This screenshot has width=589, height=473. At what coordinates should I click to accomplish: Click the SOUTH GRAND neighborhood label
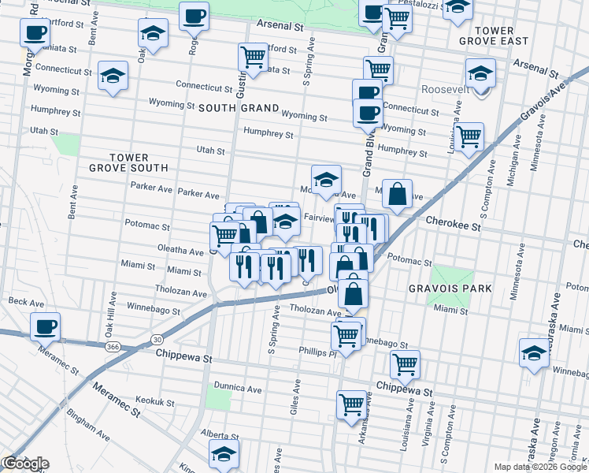point(239,107)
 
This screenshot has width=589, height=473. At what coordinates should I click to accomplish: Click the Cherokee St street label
point(454,225)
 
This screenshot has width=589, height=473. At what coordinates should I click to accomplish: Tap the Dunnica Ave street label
point(237,389)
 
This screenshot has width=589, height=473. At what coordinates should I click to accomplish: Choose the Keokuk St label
point(154,402)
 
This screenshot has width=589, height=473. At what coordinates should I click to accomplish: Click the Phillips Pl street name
point(317,352)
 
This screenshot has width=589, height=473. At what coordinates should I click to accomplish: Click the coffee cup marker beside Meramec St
point(45,326)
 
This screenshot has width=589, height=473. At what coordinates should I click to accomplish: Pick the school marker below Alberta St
point(224,454)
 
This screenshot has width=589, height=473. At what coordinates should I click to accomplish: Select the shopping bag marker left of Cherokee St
point(399,195)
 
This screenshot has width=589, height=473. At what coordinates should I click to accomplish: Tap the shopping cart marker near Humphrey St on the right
point(469,136)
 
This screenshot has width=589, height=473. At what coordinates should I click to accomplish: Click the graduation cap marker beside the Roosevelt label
point(480,73)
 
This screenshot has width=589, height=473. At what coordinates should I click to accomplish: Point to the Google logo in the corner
point(25,464)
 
